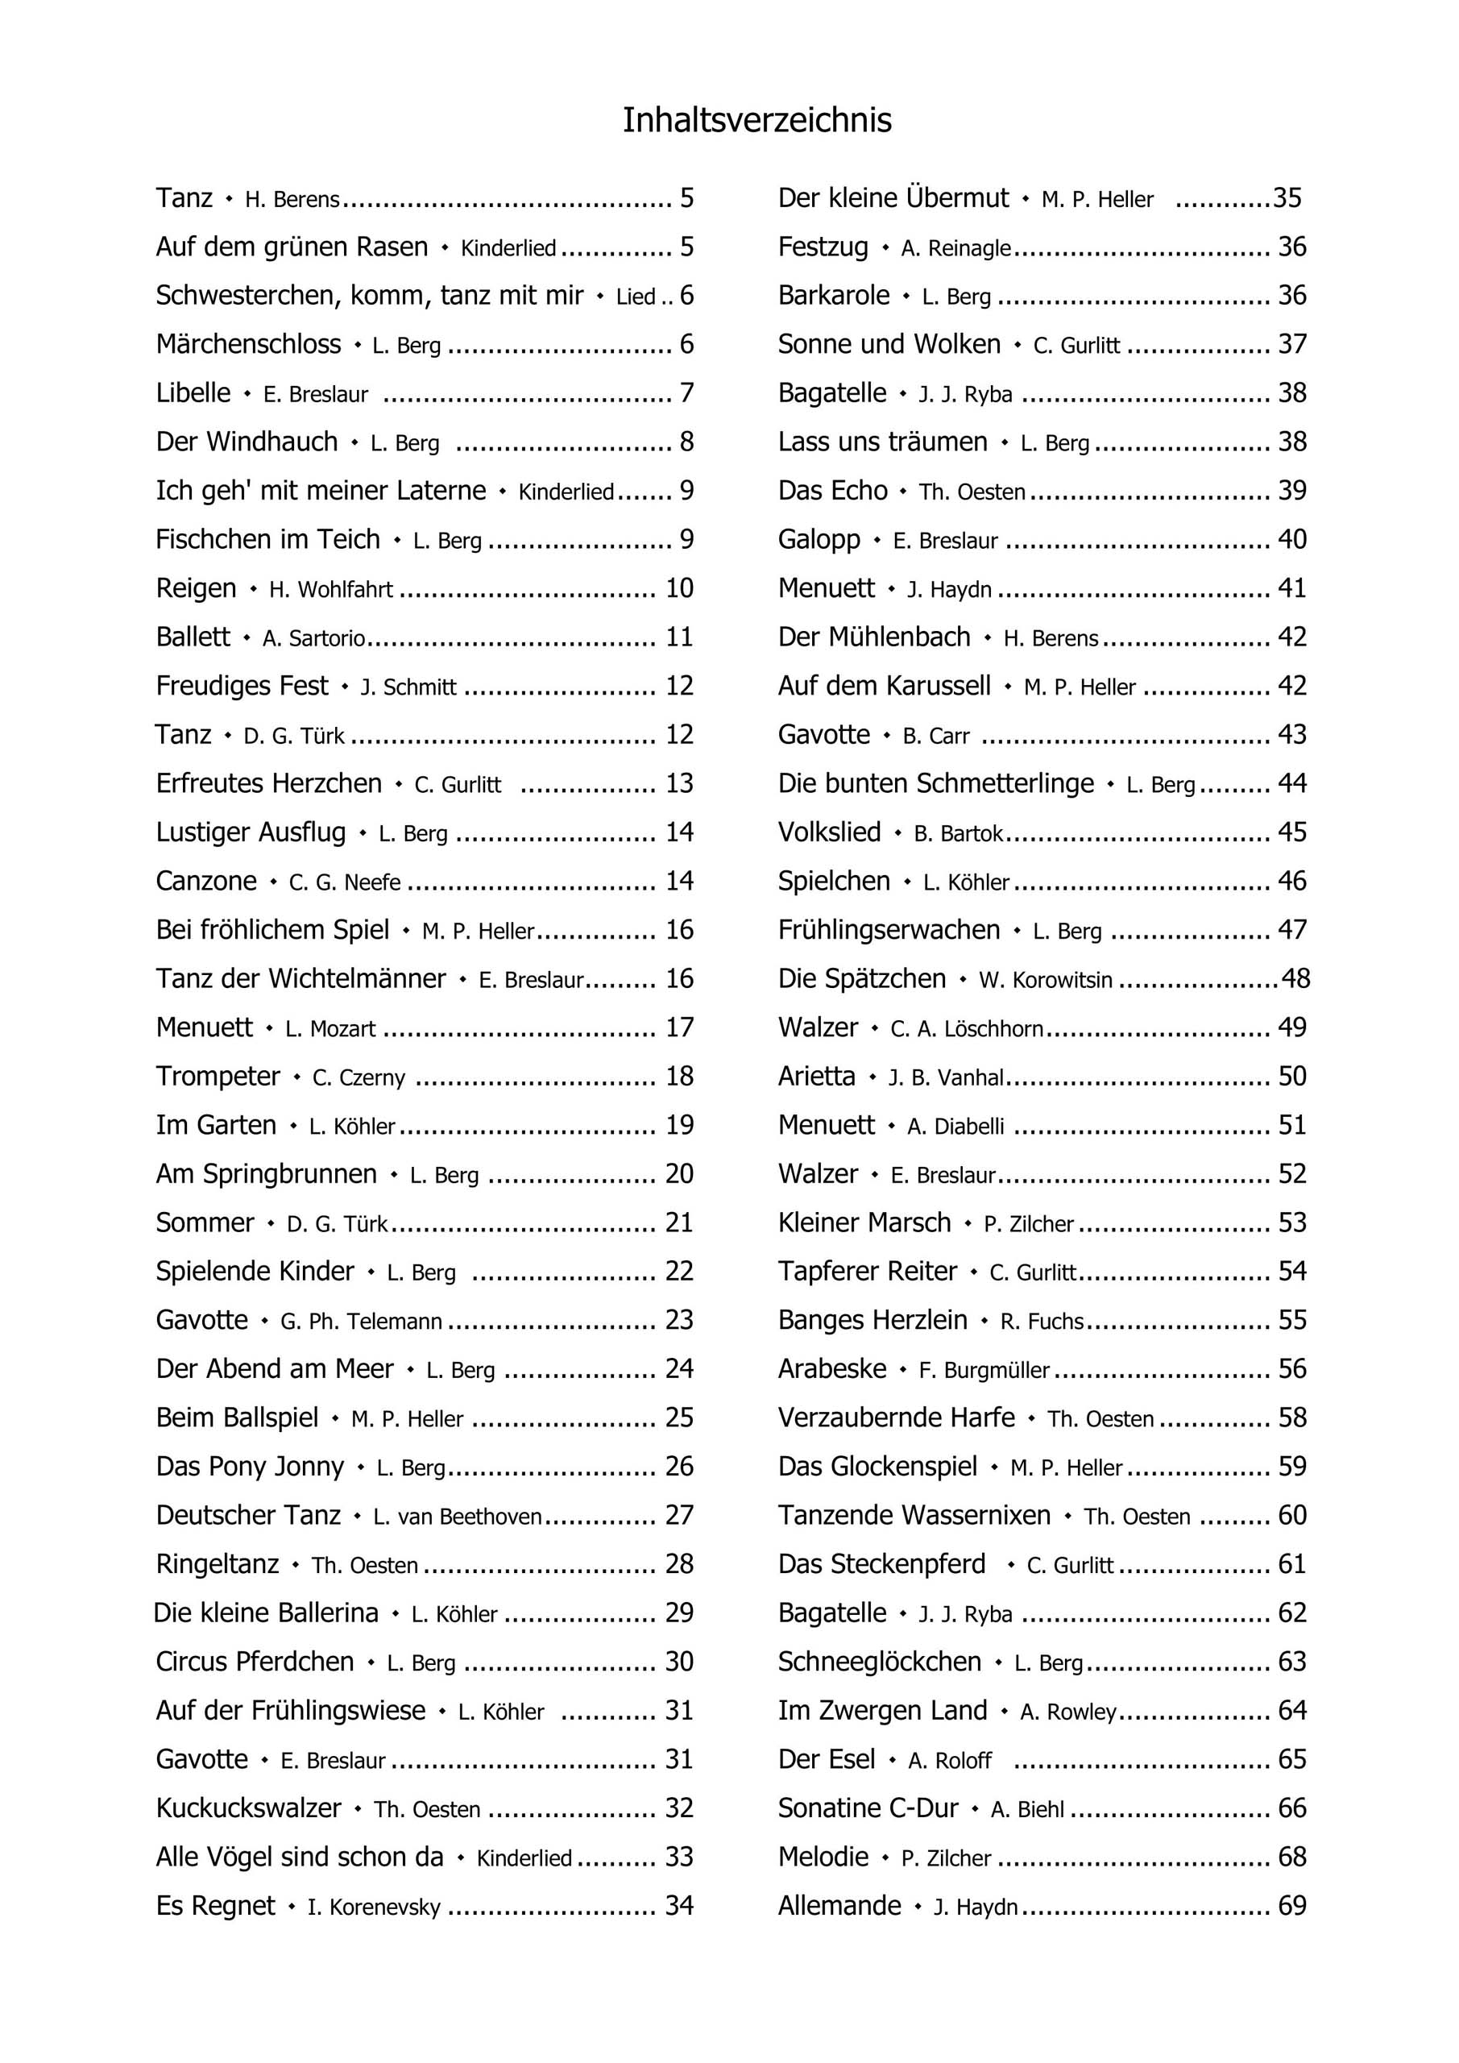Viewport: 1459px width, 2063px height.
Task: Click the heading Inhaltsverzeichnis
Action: click(x=756, y=120)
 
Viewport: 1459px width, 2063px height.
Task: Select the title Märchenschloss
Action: click(x=248, y=344)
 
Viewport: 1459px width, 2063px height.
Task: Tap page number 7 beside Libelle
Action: click(x=686, y=392)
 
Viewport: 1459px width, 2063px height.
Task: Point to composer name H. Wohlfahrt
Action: click(x=330, y=589)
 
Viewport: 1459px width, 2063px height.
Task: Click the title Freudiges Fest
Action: click(x=242, y=686)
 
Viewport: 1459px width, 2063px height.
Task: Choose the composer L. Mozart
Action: click(x=330, y=1028)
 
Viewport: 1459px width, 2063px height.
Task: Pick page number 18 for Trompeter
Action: click(x=679, y=1076)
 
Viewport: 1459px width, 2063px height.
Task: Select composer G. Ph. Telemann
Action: click(x=361, y=1321)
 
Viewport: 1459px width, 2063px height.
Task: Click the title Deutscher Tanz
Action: click(x=248, y=1515)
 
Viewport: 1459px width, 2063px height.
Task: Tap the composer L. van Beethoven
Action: click(x=458, y=1517)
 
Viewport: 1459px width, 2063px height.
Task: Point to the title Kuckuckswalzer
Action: click(x=248, y=1808)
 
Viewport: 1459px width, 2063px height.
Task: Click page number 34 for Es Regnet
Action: click(x=679, y=1905)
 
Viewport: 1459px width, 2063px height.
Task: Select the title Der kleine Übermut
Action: click(x=893, y=197)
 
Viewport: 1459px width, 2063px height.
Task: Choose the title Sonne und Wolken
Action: click(x=889, y=344)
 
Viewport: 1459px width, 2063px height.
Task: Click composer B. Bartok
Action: click(x=958, y=834)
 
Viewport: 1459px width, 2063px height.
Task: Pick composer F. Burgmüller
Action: click(x=984, y=1370)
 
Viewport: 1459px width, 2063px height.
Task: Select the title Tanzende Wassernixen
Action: click(x=914, y=1515)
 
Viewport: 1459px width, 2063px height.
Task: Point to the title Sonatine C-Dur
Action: click(x=868, y=1808)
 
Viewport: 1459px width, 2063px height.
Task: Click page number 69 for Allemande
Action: click(x=1292, y=1905)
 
